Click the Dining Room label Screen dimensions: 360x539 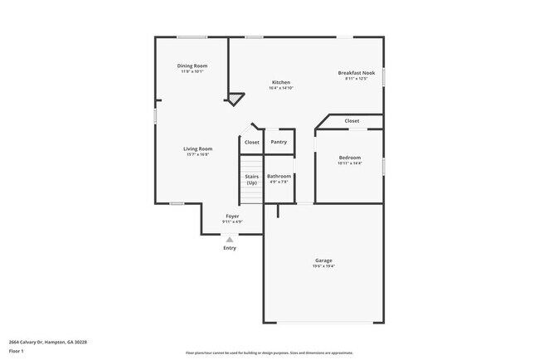tap(192, 66)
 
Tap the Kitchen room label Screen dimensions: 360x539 tap(281, 82)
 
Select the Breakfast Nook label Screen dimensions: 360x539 tap(357, 73)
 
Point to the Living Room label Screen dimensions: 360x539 tap(197, 148)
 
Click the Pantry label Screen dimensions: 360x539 tap(279, 142)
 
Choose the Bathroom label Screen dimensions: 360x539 tap(279, 176)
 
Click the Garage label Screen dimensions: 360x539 tap(323, 260)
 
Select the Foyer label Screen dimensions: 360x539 tap(232, 216)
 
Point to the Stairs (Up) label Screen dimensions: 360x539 tap(251, 179)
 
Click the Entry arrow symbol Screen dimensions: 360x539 tap(231, 239)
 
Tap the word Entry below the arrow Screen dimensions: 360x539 tap(231, 248)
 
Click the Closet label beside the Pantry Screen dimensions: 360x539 tap(251, 142)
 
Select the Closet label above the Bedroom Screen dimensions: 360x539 tap(352, 121)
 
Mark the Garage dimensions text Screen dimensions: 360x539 tap(323, 266)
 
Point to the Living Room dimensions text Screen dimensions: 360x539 tap(197, 154)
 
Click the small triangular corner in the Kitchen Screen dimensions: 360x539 tap(236, 99)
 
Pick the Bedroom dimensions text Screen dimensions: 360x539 tap(350, 163)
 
